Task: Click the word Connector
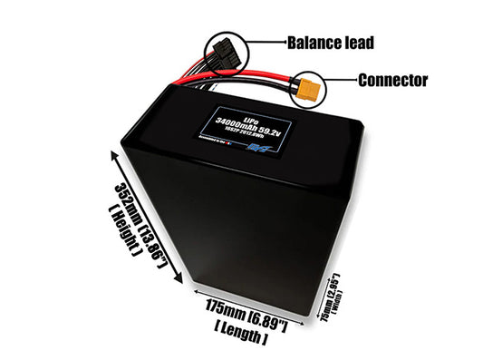[392, 80]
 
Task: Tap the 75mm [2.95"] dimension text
[326, 297]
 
